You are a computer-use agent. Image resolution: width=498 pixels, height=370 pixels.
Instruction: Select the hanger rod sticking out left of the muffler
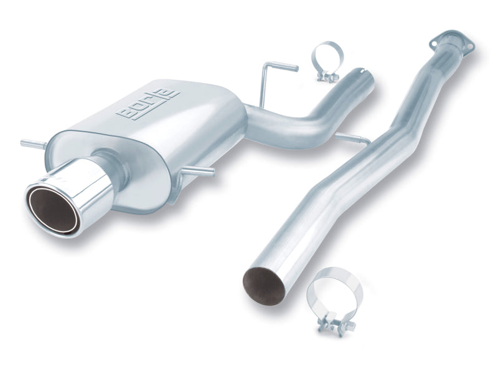click(32, 145)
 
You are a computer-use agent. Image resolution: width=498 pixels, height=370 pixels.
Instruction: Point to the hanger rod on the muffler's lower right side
click(200, 169)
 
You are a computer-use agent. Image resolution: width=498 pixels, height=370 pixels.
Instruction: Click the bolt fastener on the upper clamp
click(327, 77)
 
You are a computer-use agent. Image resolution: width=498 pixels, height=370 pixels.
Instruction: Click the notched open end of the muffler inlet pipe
click(363, 77)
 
